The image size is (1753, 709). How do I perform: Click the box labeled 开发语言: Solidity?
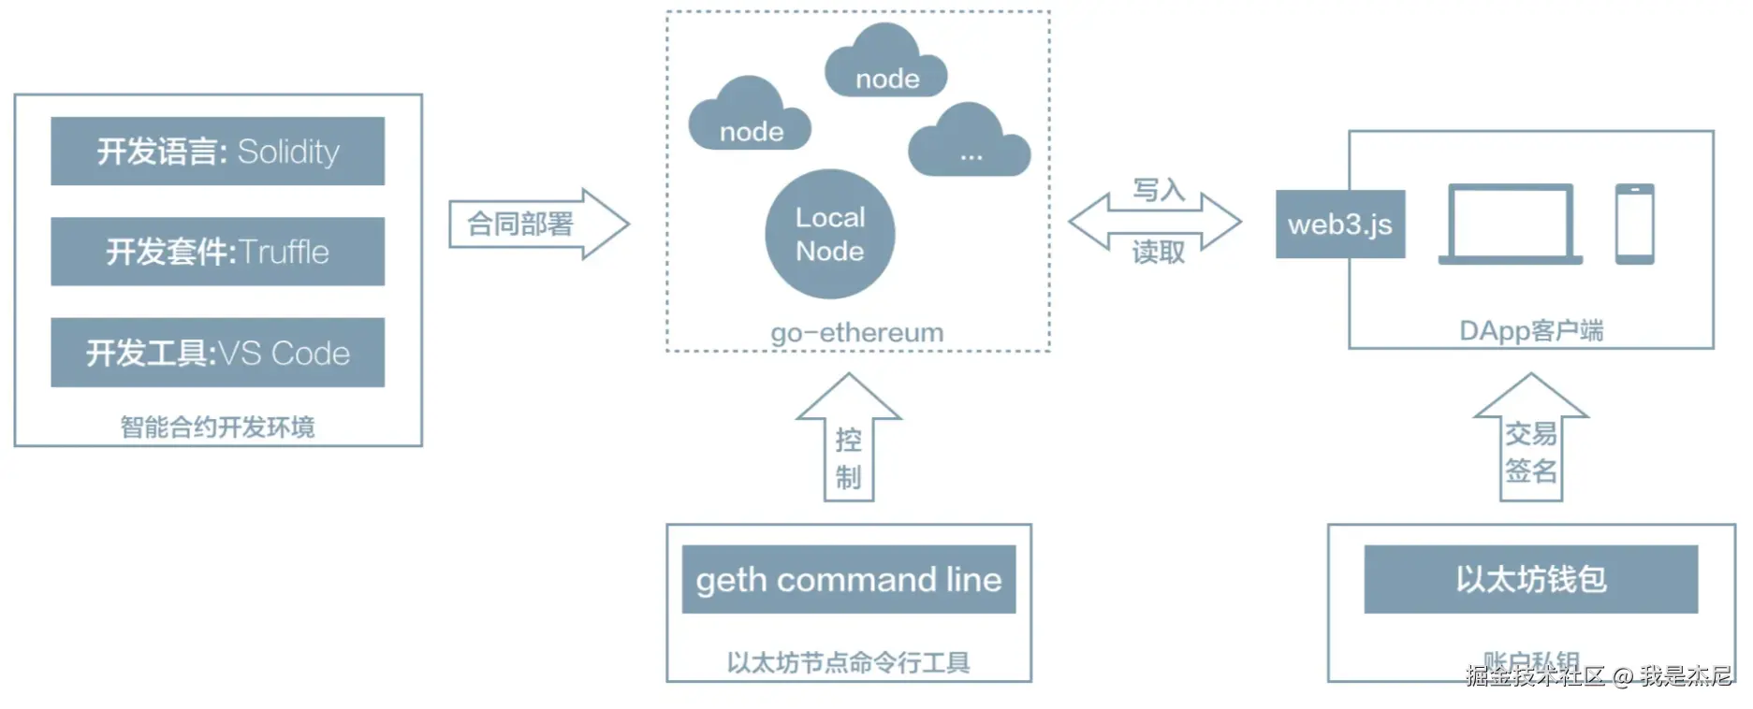tap(217, 152)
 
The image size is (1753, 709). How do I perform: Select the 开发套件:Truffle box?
tap(217, 252)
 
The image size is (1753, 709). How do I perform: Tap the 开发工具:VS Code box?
tap(217, 353)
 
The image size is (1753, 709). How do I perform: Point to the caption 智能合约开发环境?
tap(217, 427)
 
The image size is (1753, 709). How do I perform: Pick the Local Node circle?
tap(830, 234)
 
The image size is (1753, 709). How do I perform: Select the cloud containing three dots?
tap(970, 145)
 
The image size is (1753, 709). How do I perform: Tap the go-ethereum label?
tap(857, 332)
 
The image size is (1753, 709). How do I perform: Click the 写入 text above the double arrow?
tap(1159, 190)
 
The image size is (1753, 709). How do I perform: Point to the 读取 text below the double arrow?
tap(1159, 252)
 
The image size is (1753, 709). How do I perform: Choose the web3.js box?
tap(1340, 224)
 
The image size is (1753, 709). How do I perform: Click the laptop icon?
tap(1511, 224)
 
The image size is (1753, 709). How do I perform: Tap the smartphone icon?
tap(1634, 224)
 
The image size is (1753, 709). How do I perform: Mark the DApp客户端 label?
tap(1531, 330)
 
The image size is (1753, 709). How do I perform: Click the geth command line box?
tap(849, 580)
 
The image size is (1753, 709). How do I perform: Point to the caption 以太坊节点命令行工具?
tap(849, 662)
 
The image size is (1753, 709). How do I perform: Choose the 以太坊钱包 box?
tap(1531, 580)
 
